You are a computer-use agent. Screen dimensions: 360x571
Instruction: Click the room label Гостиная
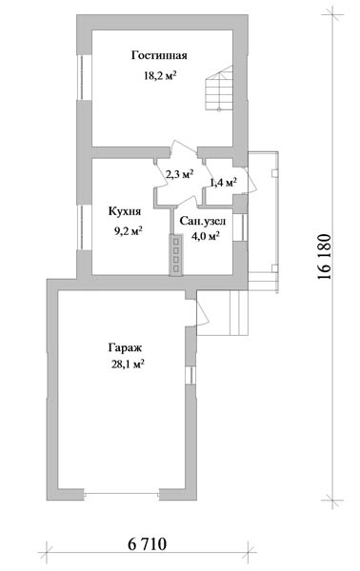159,55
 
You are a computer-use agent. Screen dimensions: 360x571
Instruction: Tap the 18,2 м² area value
160,76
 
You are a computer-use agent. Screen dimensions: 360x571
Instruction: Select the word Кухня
125,211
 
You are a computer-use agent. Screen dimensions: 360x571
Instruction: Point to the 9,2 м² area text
128,231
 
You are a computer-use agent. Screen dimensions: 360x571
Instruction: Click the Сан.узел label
203,222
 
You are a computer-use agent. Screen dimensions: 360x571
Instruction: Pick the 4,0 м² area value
205,236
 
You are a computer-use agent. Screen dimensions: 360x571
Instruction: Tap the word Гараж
125,347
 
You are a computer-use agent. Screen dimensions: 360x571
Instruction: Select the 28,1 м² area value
128,364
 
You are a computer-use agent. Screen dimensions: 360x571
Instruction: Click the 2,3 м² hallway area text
179,174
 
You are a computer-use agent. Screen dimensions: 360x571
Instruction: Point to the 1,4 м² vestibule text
224,182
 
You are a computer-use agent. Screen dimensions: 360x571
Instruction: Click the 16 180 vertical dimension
325,256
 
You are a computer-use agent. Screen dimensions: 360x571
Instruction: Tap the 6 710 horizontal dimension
148,544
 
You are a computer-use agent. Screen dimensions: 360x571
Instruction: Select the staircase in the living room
219,89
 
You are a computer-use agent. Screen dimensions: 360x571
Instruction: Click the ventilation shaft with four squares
176,254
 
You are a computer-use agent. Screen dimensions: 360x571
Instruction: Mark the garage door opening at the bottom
121,493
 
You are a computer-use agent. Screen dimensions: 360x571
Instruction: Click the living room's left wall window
82,77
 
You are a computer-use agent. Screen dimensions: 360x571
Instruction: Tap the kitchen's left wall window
82,227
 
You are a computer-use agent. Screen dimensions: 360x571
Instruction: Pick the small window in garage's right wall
190,375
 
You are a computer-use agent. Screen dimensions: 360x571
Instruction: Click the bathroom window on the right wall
240,227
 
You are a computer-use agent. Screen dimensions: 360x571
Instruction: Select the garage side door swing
202,313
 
